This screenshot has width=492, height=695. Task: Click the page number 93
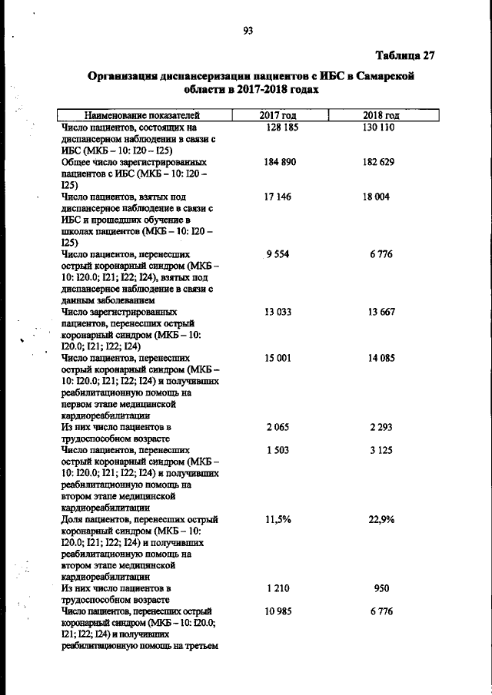248,31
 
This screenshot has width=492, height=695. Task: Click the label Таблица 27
405,55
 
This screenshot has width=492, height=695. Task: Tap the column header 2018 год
381,116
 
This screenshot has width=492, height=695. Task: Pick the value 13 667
381,312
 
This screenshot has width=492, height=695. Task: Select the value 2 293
381,427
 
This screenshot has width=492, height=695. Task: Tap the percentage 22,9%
381,520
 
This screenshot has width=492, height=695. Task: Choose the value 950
381,589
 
